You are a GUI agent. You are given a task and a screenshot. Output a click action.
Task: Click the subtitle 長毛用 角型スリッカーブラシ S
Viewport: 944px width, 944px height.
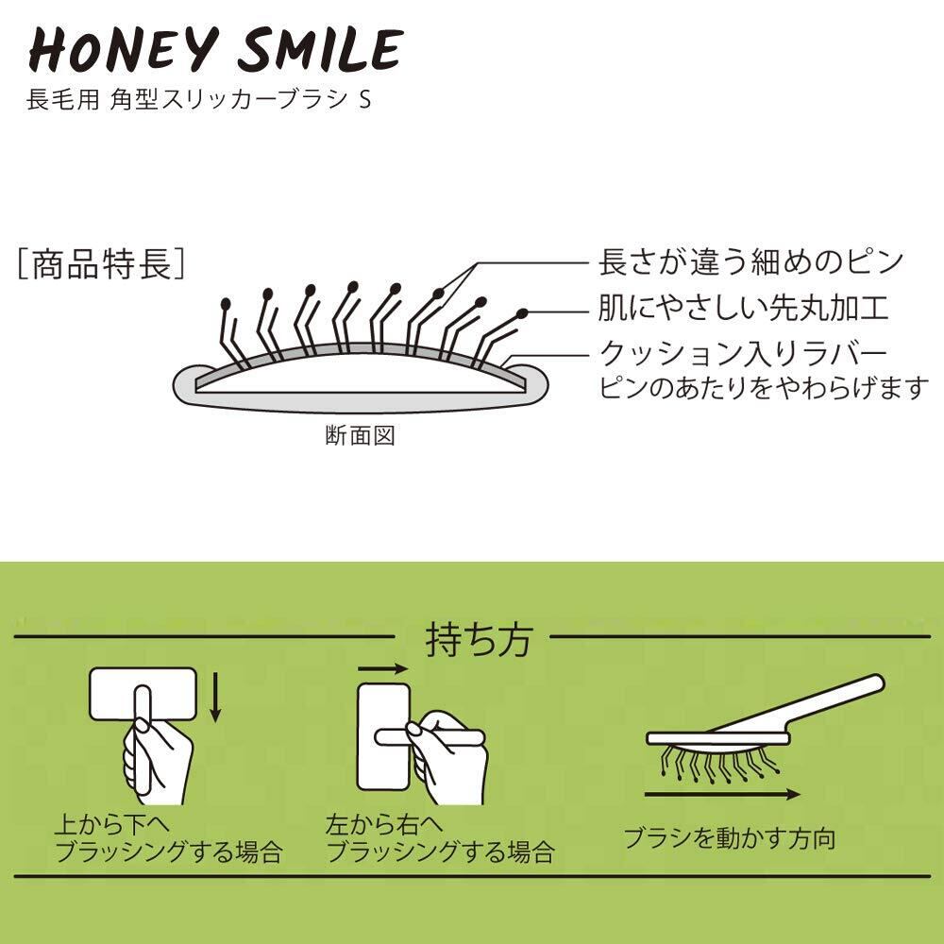[x=198, y=100]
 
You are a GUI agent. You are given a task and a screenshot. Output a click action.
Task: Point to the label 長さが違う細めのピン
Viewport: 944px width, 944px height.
[x=750, y=261]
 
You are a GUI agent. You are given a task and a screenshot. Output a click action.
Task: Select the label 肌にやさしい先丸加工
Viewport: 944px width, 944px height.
[x=743, y=308]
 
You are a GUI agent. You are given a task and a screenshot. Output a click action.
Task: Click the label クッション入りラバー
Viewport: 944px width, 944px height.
[x=744, y=354]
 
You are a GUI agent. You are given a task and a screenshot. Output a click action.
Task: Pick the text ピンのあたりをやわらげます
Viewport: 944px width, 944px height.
[x=765, y=388]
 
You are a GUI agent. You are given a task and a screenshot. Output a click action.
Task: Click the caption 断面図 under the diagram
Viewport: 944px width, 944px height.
[x=359, y=436]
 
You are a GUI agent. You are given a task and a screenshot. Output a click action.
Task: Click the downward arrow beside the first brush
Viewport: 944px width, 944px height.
[x=216, y=696]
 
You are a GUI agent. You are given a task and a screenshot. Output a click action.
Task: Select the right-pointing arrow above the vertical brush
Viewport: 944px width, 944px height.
[x=382, y=667]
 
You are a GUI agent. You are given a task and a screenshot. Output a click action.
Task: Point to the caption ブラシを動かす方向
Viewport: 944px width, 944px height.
[x=729, y=837]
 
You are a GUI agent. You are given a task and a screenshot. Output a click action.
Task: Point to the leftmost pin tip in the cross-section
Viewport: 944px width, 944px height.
[x=225, y=305]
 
